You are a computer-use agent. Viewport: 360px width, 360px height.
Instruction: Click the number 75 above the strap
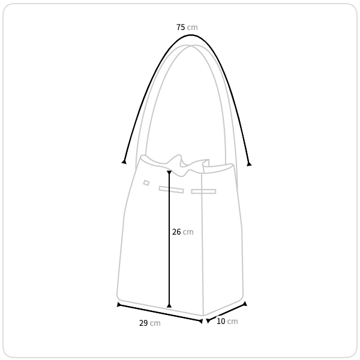(x=181, y=27)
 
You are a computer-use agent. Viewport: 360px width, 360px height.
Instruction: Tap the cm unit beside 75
(x=192, y=28)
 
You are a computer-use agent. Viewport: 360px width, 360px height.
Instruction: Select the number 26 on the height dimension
(x=176, y=232)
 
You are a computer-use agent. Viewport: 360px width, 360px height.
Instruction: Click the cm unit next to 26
(x=188, y=232)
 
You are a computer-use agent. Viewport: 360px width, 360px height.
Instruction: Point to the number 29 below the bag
(x=143, y=323)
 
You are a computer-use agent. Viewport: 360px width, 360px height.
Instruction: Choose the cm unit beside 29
(x=155, y=323)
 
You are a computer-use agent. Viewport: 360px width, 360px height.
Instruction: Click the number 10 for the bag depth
(x=221, y=321)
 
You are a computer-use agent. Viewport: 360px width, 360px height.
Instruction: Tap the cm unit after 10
(x=232, y=322)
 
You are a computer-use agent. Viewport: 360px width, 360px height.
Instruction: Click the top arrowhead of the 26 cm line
(x=169, y=172)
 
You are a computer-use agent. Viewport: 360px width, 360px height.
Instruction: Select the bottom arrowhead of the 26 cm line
(x=169, y=306)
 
